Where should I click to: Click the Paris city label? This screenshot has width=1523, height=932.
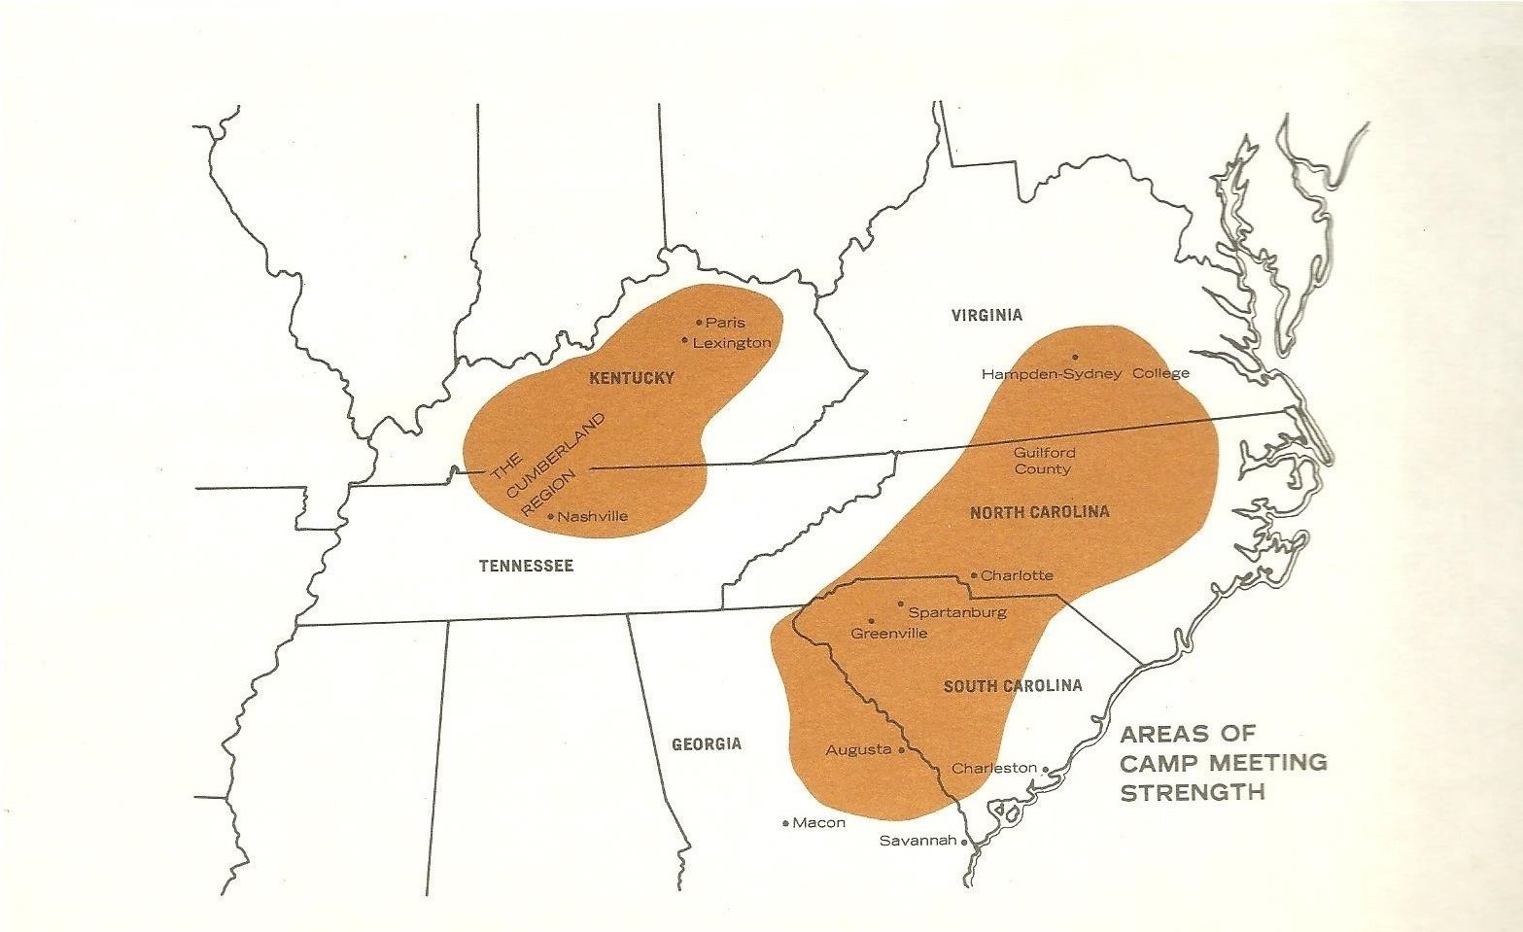tap(725, 323)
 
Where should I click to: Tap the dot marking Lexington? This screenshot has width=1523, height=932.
tap(685, 341)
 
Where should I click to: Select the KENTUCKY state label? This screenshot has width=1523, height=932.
tap(632, 378)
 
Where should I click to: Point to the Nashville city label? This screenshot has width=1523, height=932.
tap(593, 516)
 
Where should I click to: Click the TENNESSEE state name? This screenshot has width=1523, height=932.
tap(526, 566)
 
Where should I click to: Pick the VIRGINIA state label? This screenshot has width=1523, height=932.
tap(986, 315)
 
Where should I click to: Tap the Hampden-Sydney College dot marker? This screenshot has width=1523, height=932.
tap(1075, 357)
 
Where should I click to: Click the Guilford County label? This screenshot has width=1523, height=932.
tap(1043, 461)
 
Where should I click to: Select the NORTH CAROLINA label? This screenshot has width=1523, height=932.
tap(1039, 512)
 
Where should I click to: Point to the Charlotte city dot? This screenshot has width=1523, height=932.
tap(974, 574)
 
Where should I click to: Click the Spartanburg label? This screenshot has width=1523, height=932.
tap(956, 612)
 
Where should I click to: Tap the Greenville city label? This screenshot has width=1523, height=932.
tap(888, 634)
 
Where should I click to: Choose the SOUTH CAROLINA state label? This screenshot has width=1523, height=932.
tap(1013, 686)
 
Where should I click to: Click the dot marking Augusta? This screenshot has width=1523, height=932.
tap(902, 750)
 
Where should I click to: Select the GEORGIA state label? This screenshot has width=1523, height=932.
tap(707, 744)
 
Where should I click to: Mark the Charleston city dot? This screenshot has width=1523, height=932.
tap(1045, 769)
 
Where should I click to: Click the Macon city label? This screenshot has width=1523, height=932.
tap(818, 823)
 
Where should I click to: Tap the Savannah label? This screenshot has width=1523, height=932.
tap(917, 841)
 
